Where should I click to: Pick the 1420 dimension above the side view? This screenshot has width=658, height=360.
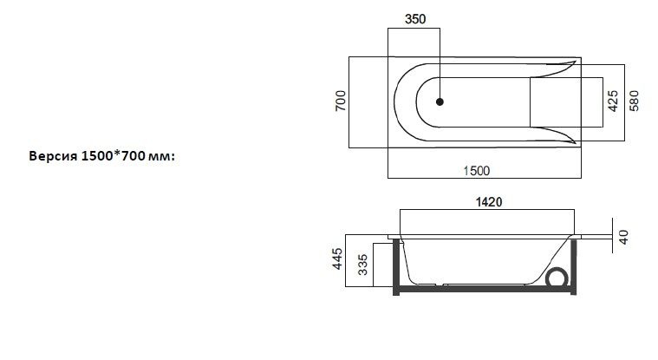(x=487, y=201)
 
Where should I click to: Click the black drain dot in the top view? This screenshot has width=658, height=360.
(x=440, y=101)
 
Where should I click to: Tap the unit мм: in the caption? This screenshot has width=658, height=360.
(x=161, y=156)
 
